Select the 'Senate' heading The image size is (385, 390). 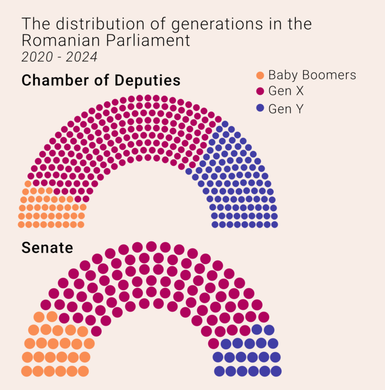[47, 248]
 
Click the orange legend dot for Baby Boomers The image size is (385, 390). [260, 76]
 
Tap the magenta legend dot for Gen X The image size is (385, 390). [260, 91]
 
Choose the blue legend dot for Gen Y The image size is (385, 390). [260, 108]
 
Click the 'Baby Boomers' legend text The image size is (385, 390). [312, 75]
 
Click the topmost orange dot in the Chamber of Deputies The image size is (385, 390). [28, 184]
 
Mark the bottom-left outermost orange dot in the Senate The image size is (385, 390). [27, 371]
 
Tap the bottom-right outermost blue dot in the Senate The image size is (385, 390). [276, 371]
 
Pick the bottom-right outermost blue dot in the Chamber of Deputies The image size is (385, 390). [274, 224]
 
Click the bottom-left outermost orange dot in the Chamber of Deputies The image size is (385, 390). [22, 224]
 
